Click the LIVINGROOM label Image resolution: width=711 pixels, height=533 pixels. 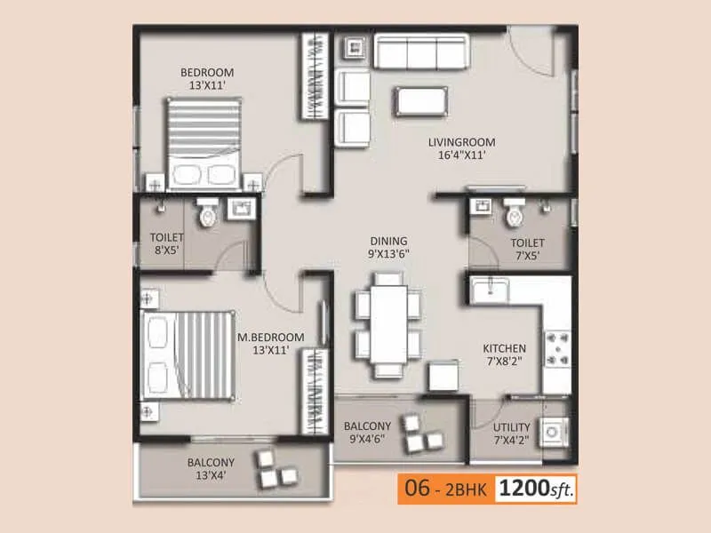coord(461,142)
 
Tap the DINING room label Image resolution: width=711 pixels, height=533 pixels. coord(389,241)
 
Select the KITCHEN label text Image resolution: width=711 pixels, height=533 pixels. coord(504,348)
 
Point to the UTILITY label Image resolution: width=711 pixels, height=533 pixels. coord(510,427)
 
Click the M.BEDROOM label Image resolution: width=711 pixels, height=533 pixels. coord(270,338)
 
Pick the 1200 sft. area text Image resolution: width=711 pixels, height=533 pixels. coord(536,488)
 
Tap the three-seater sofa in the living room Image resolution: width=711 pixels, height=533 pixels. coord(421,52)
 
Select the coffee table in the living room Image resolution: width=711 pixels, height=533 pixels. coord(422,100)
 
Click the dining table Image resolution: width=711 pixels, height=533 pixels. coord(389,325)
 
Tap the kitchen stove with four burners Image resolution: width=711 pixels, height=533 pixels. coord(556,349)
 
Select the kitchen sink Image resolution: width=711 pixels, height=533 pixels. coord(490,290)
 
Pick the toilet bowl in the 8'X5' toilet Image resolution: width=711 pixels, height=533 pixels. coord(208,213)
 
